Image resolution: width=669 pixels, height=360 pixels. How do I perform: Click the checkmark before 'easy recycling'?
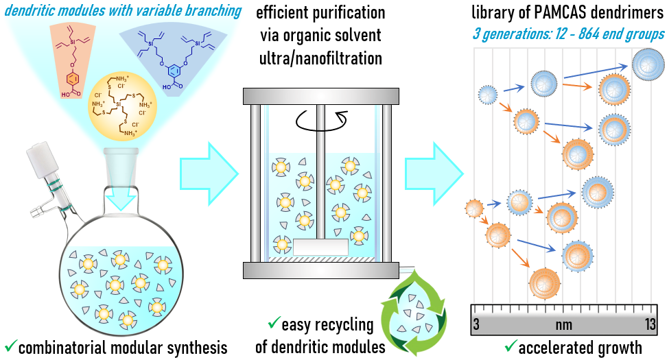[274, 322]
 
